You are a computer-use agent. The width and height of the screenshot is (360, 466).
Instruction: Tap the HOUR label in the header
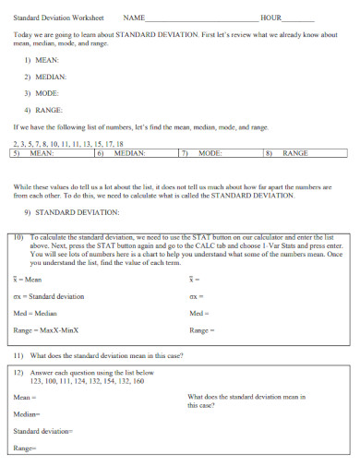pos(270,18)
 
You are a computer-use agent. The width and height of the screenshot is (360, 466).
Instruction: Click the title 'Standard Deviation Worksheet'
pos(58,18)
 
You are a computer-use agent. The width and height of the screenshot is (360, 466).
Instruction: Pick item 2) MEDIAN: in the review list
pos(45,77)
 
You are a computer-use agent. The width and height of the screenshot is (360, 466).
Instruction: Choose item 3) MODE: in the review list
pos(42,93)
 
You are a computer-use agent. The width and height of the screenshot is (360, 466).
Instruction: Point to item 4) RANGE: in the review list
pos(44,110)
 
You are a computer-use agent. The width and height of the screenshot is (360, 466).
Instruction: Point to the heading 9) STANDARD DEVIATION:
pos(72,211)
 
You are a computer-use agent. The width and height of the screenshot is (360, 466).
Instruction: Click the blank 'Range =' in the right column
pos(201,329)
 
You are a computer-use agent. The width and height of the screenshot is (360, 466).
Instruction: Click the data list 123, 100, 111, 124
pos(87,381)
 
